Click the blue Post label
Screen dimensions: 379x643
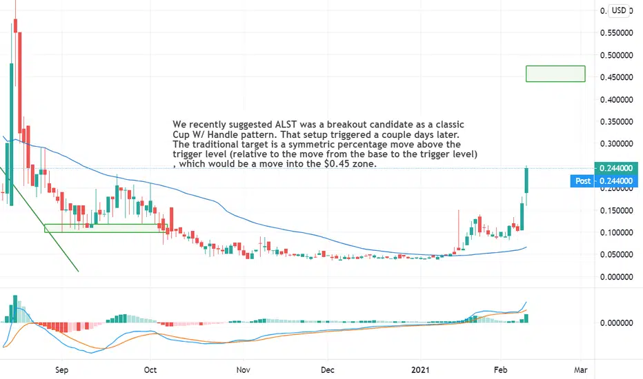(583, 181)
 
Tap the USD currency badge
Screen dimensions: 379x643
(620, 10)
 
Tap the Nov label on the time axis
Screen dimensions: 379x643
(241, 369)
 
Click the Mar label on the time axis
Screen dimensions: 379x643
(581, 369)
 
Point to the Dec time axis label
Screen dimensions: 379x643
(328, 369)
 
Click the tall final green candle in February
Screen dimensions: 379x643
(526, 179)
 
